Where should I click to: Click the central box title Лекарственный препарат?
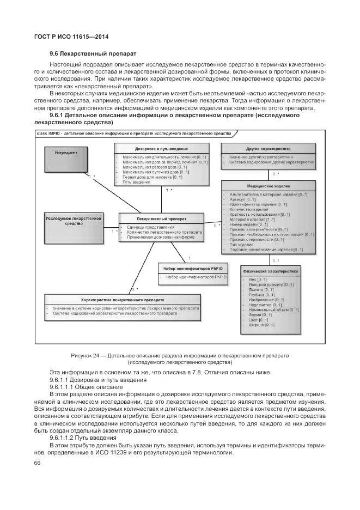(x=161, y=218)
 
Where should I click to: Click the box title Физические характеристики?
(x=270, y=271)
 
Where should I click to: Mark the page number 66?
(x=38, y=463)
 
